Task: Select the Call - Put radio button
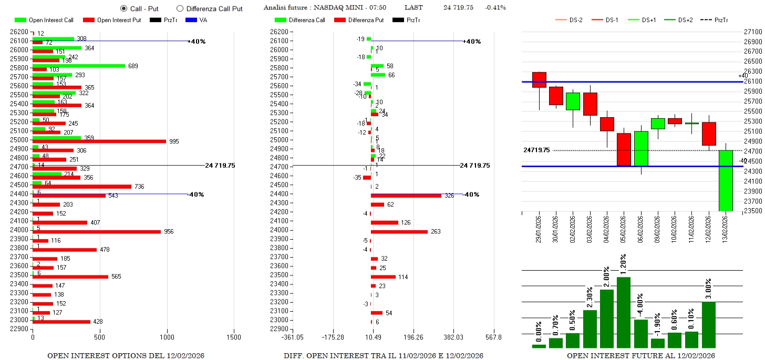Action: coord(123,8)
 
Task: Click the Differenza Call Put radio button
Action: coord(180,8)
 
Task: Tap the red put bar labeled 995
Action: coord(99,141)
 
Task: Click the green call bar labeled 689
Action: coord(79,66)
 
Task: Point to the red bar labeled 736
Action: coord(82,187)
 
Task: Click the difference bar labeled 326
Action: coord(406,196)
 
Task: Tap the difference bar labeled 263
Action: coord(399,232)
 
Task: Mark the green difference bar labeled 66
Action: coord(378,75)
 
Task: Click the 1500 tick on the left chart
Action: coord(234,337)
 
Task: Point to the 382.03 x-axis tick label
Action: coord(453,337)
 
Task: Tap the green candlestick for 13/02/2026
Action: coord(726,180)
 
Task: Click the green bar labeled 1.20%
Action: coord(624,312)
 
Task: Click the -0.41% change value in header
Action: coord(495,7)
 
